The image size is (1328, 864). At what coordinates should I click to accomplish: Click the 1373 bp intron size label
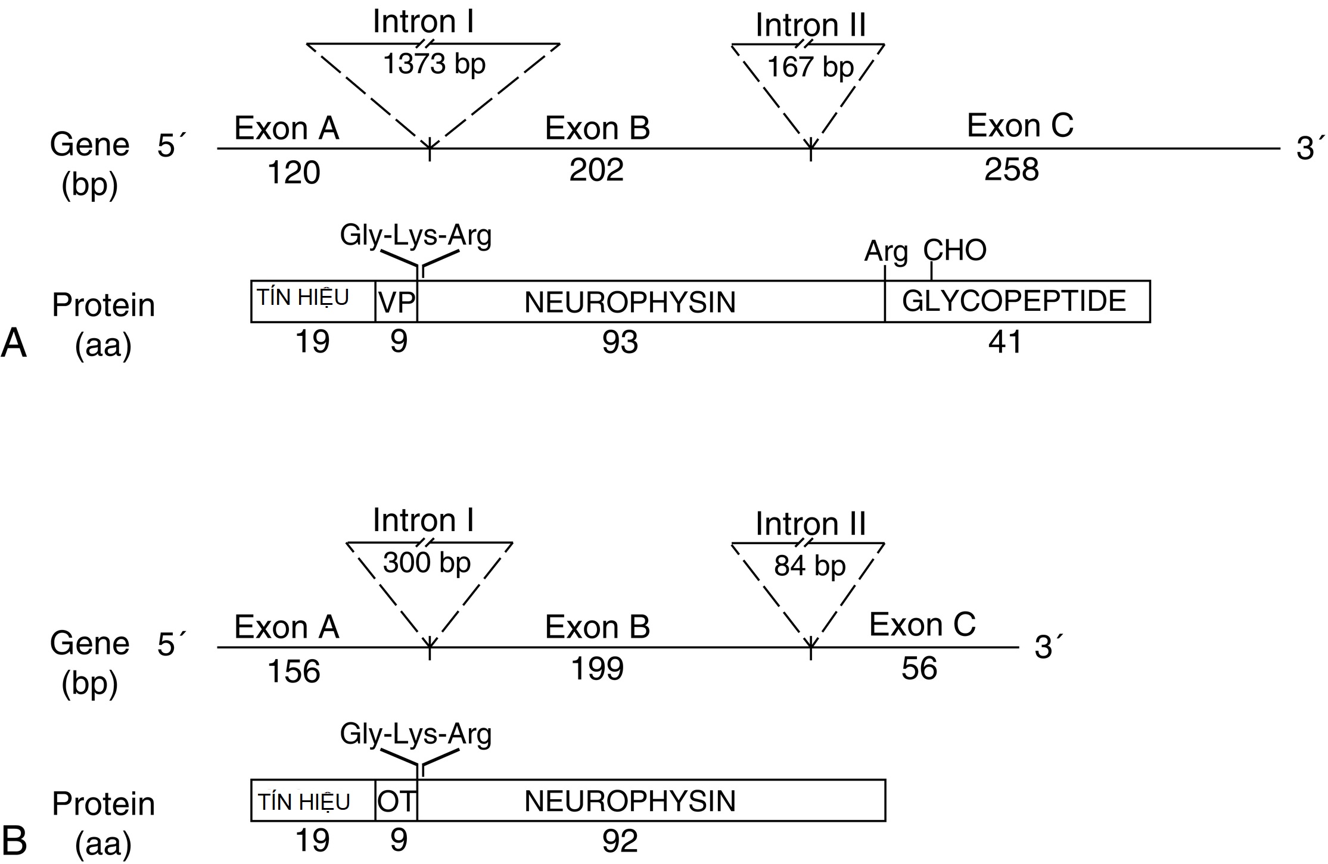tap(434, 64)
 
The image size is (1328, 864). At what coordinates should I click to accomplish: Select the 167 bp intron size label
tap(810, 67)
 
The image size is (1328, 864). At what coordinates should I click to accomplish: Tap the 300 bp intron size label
tap(427, 563)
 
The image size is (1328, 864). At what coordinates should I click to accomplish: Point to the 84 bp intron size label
tap(810, 566)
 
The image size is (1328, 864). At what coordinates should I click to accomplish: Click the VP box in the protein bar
tap(396, 302)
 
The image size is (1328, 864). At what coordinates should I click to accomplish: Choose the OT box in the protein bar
tap(396, 801)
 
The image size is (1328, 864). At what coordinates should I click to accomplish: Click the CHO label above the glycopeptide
tap(954, 251)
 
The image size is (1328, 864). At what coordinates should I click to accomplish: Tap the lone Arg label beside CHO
tap(886, 252)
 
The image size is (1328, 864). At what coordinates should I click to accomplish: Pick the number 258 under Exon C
tap(1011, 170)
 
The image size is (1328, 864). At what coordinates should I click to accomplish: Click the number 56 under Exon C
tap(919, 669)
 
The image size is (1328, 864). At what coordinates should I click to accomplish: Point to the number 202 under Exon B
tap(596, 170)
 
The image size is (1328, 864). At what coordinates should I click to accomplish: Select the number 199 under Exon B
tap(597, 669)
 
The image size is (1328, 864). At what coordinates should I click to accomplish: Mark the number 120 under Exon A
tap(294, 173)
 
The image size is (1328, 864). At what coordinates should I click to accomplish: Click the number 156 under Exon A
tap(294, 672)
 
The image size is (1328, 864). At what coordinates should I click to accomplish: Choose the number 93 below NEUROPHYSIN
tap(620, 342)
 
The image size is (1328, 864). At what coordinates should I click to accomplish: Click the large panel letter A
tap(14, 344)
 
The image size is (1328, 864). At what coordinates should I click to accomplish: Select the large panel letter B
tap(15, 841)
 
